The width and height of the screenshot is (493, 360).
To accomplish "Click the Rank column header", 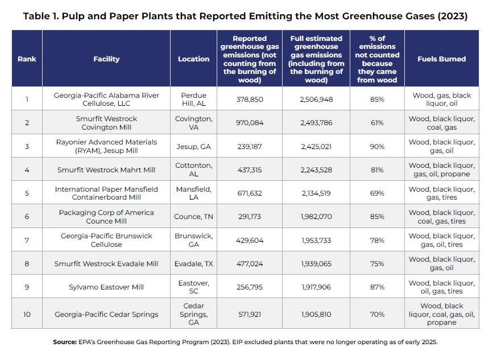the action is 27,59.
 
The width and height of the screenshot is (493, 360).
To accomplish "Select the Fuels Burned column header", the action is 441,59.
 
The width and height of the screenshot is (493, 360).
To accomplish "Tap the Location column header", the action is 193,59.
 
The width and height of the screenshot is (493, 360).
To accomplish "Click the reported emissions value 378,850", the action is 249,100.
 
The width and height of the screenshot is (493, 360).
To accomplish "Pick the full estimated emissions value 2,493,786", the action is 316,123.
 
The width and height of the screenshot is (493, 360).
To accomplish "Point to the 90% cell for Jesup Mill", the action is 377,147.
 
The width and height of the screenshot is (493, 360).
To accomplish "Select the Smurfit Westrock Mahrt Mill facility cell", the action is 106,170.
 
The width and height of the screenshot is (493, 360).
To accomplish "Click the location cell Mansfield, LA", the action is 193,193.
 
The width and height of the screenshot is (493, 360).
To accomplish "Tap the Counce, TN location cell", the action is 193,217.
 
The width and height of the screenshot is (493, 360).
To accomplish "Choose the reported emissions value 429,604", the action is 249,240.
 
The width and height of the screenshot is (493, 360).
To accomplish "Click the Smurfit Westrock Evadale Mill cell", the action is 106,263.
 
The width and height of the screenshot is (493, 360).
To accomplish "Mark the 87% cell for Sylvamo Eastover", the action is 377,287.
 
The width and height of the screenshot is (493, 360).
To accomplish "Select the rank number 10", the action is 27,314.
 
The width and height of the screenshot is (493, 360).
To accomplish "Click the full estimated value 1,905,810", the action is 316,314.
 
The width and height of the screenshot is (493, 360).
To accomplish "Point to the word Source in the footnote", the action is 65,342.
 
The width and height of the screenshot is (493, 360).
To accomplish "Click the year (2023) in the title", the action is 453,16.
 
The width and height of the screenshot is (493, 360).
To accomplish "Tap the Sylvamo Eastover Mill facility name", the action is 106,287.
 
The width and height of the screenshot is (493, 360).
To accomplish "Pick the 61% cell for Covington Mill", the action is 377,123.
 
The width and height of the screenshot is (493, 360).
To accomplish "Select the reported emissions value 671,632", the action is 249,193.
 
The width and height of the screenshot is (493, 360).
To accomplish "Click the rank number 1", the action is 27,100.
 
